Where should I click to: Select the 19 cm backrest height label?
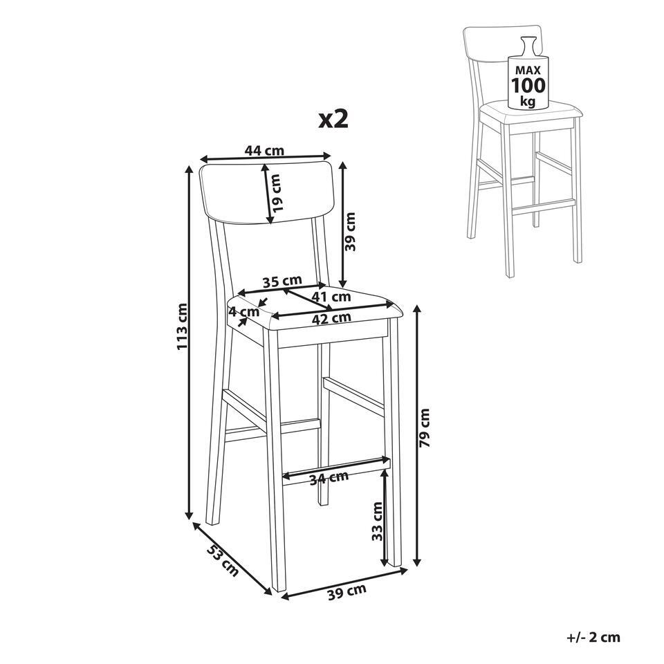pyautogui.click(x=277, y=193)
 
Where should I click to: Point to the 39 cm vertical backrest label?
pyautogui.click(x=351, y=231)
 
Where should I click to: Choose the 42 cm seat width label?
pyautogui.click(x=331, y=318)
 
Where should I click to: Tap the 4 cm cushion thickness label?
pyautogui.click(x=243, y=312)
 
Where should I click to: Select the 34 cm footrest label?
pyautogui.click(x=329, y=478)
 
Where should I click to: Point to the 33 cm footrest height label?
pyautogui.click(x=377, y=522)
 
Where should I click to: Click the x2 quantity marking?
pyautogui.click(x=333, y=119)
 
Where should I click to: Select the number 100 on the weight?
pyautogui.click(x=528, y=86)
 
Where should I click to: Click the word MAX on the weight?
pyautogui.click(x=528, y=71)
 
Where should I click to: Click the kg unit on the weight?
pyautogui.click(x=528, y=102)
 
